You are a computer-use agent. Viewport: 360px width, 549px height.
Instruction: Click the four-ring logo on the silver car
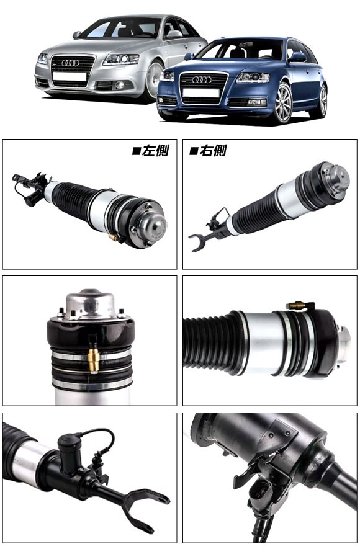(70, 63)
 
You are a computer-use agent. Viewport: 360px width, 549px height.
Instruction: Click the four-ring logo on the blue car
(202, 79)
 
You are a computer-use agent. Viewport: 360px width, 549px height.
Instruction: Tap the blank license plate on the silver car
(70, 76)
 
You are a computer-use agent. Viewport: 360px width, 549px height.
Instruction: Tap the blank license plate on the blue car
(201, 93)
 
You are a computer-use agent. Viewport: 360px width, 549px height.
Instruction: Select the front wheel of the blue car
(283, 103)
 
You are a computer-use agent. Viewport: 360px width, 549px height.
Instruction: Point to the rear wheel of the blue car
(322, 101)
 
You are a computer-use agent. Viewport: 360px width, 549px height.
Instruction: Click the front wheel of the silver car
(154, 80)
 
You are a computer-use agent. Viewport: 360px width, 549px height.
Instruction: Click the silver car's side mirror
(174, 34)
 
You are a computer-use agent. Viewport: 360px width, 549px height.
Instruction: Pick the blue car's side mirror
(297, 57)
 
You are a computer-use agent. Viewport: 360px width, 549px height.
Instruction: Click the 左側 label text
(151, 151)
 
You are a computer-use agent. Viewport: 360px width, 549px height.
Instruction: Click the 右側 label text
(208, 151)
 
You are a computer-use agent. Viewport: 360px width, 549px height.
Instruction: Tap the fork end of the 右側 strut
(199, 242)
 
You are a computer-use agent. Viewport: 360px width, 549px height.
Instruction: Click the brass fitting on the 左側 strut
(114, 238)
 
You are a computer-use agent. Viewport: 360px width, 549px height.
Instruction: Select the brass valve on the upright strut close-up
(94, 360)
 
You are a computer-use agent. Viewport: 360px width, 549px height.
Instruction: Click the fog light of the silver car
(120, 85)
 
